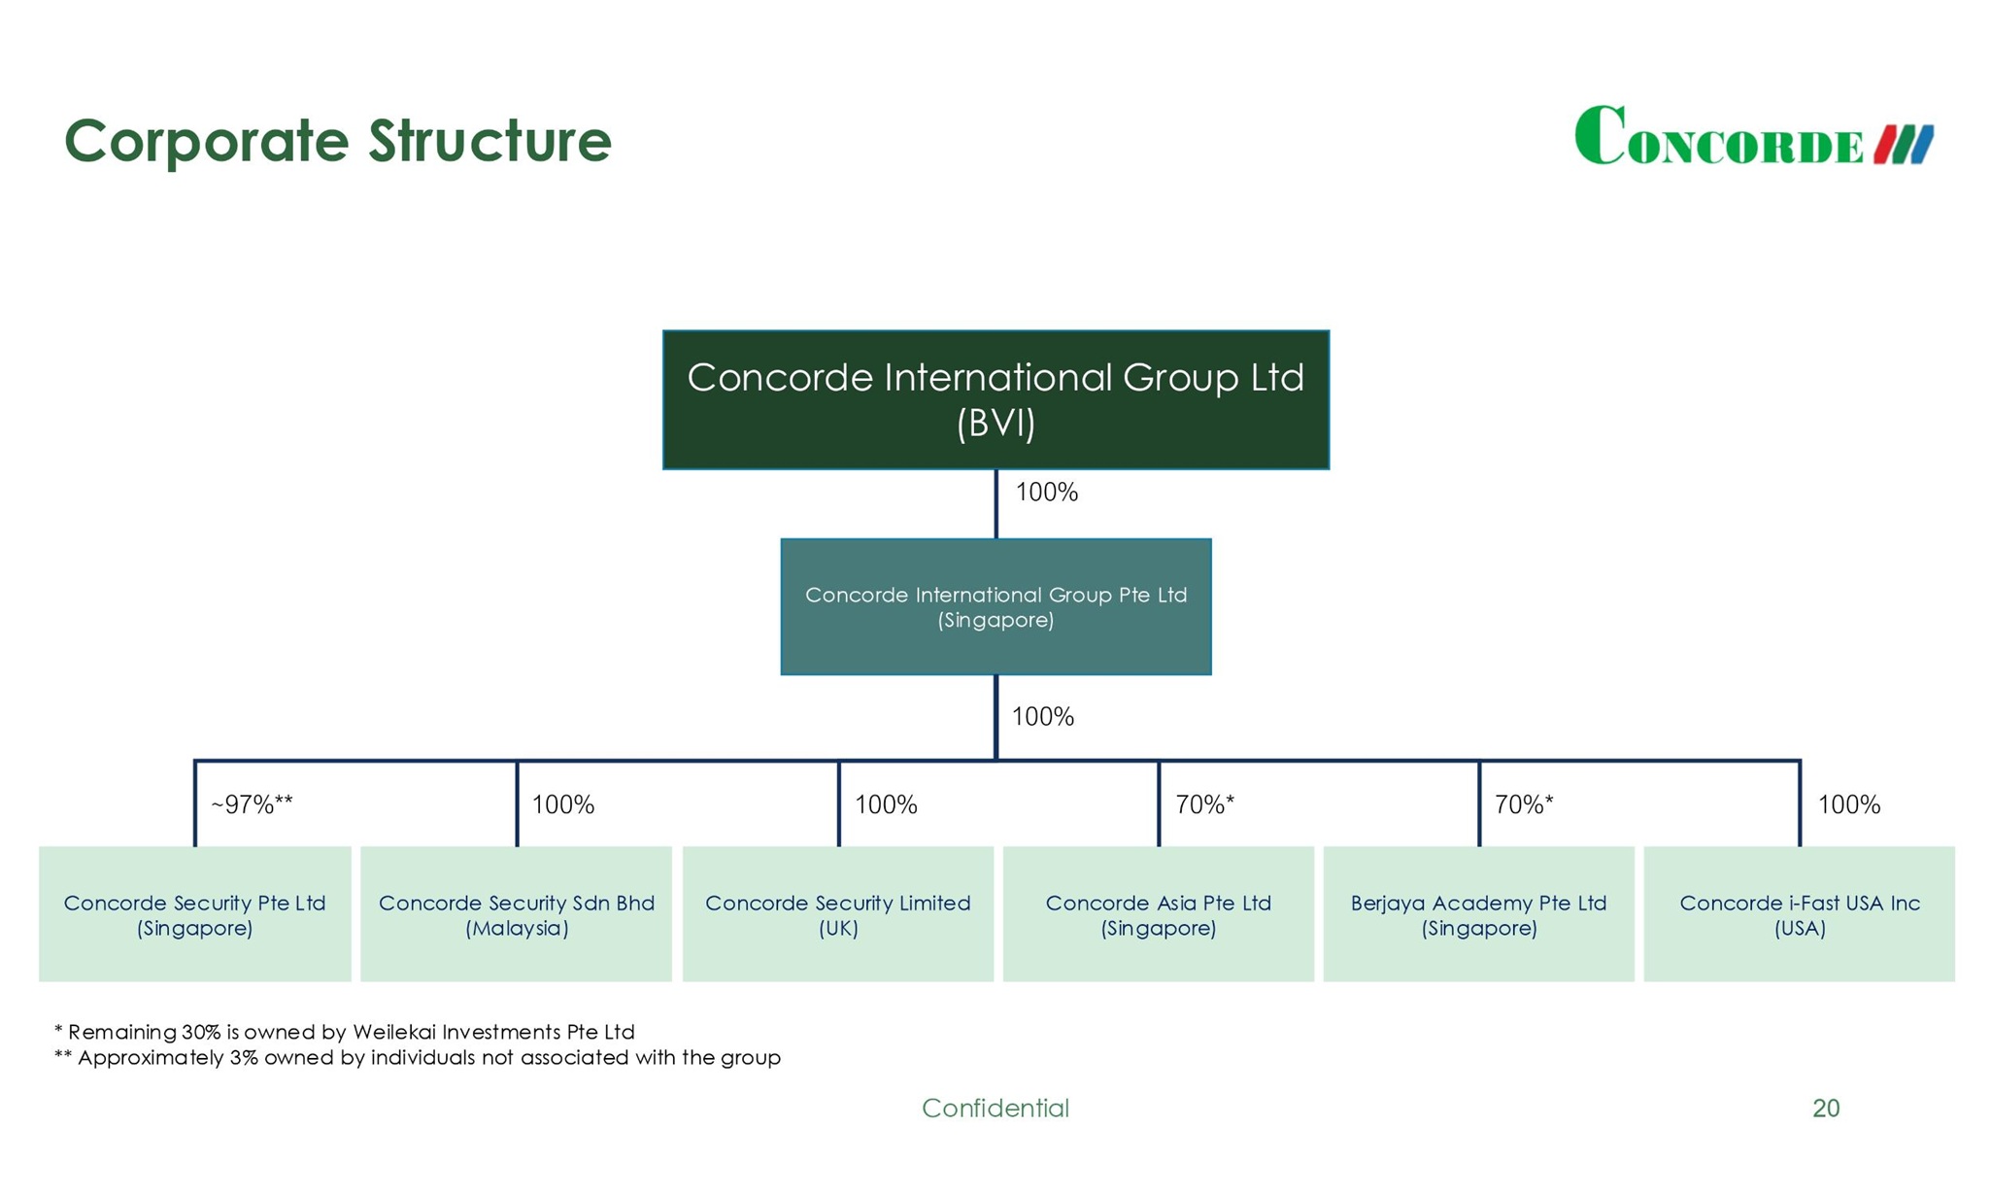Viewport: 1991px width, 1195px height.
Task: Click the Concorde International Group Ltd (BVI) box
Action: [995, 399]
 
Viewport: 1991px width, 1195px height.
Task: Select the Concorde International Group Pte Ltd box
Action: [995, 606]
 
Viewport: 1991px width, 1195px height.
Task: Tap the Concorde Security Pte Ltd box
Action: [194, 914]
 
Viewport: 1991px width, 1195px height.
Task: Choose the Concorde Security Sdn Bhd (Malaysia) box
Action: [516, 914]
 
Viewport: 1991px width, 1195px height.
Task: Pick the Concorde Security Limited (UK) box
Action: [837, 914]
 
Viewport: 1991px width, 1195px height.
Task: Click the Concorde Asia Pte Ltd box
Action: [1158, 914]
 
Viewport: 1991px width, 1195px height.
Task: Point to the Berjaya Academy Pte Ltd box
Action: [1478, 914]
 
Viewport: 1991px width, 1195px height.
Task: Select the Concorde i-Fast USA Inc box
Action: [1799, 914]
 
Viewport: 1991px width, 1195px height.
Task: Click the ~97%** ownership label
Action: [252, 804]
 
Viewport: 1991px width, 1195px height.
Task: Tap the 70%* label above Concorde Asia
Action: [1204, 804]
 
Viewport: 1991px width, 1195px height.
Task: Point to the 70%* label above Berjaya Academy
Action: [1524, 804]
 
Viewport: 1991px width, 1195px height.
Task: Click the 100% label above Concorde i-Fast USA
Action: [1848, 804]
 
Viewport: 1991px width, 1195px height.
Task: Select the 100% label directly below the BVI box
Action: [1046, 493]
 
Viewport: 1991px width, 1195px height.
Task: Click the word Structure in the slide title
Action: [489, 141]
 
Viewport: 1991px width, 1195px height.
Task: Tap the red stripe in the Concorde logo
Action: [1886, 145]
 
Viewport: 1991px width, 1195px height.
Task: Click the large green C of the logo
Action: [1600, 136]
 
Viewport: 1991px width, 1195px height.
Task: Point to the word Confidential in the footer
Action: [995, 1108]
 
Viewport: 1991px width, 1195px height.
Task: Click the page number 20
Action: [1825, 1108]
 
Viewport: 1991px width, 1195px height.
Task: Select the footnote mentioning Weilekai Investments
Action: [345, 1032]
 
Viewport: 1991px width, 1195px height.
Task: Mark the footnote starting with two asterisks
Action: [418, 1058]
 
